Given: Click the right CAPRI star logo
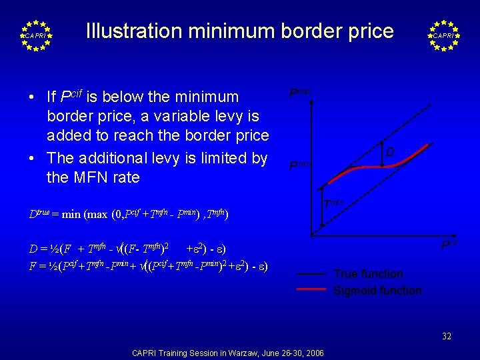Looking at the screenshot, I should coord(444,35).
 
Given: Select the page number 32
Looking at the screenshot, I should coord(447,337).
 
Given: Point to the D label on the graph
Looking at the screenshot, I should coord(390,153).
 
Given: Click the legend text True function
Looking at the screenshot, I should coord(368,274).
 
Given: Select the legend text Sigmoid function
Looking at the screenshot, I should coord(377,291).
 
